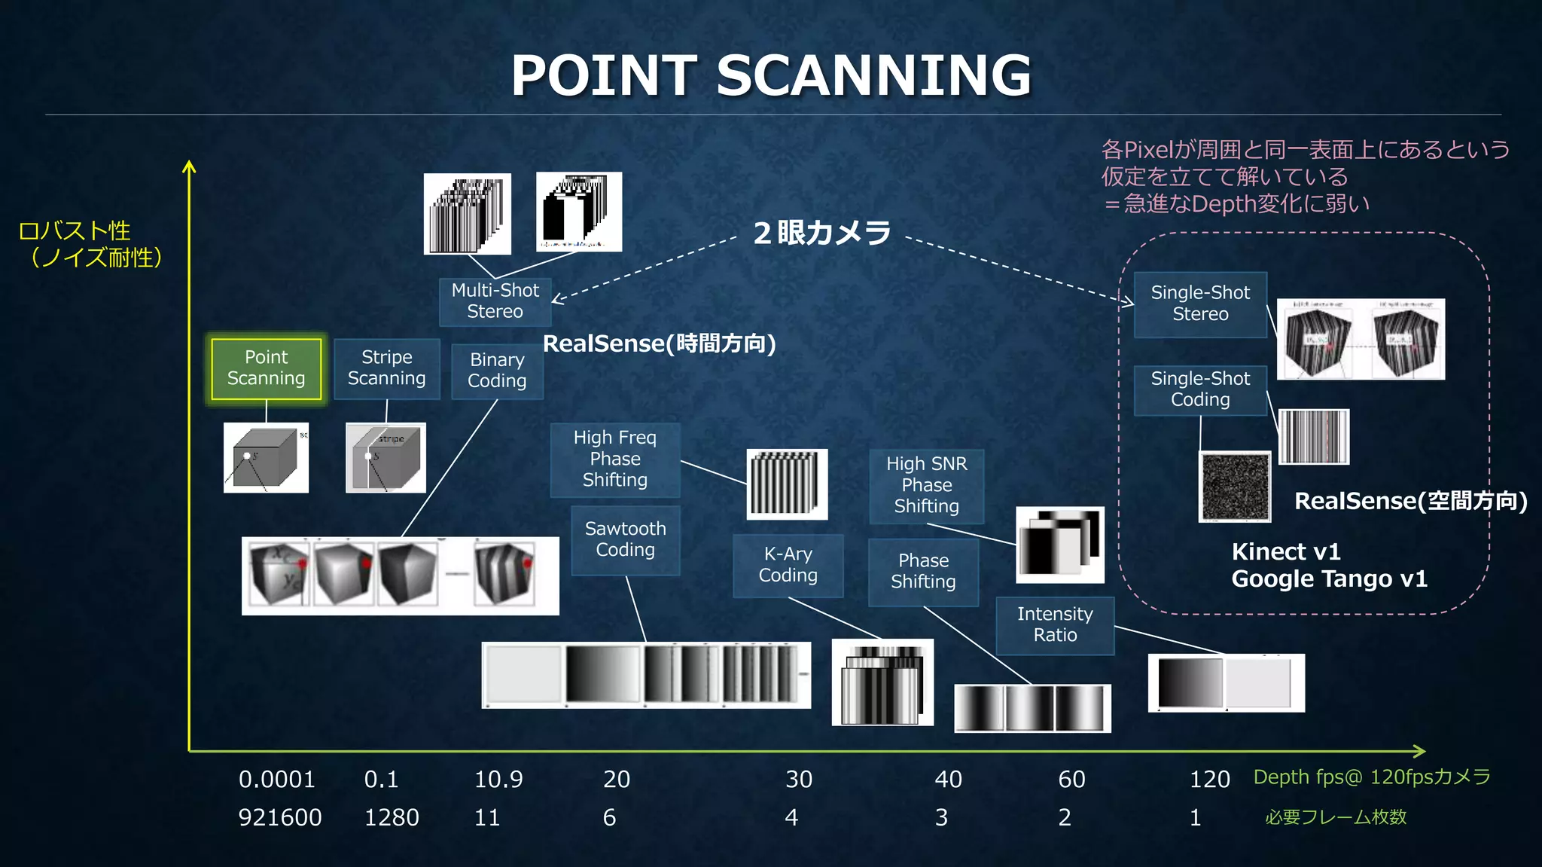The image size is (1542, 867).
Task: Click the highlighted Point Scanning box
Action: coord(267,368)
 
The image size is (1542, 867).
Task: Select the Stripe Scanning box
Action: coord(386,368)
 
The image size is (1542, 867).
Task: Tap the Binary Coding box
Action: coord(497,371)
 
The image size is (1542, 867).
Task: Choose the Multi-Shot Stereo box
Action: coord(495,301)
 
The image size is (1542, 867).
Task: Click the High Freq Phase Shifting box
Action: coord(615,459)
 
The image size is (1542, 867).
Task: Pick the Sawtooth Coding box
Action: coord(626,540)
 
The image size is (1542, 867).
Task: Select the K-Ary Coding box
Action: coord(788,565)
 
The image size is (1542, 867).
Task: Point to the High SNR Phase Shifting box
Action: coord(926,486)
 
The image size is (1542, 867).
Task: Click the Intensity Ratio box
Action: coord(1055,625)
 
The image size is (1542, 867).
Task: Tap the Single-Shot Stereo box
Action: coord(1200,304)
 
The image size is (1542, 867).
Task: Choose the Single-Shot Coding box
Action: coord(1200,389)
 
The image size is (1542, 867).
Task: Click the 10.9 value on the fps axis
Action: coord(498,780)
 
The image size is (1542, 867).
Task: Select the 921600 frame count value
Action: coord(280,818)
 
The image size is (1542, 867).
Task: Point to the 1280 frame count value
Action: coord(392,818)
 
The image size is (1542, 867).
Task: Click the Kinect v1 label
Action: coord(1286,552)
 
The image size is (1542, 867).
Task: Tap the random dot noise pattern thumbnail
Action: coord(1235,487)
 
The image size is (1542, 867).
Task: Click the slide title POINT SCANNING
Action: coord(771,75)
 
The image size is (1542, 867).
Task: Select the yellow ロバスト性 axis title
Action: coord(75,230)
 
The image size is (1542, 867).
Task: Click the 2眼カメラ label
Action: coord(822,233)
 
